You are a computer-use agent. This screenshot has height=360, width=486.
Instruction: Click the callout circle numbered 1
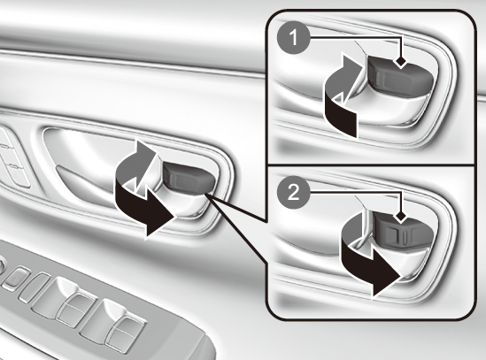(293, 38)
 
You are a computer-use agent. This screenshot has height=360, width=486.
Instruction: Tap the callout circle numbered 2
(293, 193)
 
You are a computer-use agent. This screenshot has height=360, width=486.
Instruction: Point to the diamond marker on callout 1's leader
(401, 62)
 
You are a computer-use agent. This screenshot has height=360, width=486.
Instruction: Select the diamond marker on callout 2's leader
(401, 218)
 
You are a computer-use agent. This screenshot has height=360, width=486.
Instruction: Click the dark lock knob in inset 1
(400, 76)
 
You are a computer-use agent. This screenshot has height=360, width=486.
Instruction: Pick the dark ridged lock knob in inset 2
(403, 232)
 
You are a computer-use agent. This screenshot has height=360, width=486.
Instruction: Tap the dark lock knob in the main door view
(189, 178)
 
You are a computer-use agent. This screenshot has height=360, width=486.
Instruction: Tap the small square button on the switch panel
(14, 276)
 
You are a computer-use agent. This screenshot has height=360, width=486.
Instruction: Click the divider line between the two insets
(370, 165)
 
